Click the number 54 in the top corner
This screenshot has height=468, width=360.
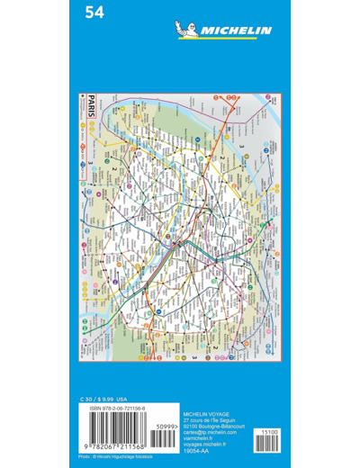pos(93,13)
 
